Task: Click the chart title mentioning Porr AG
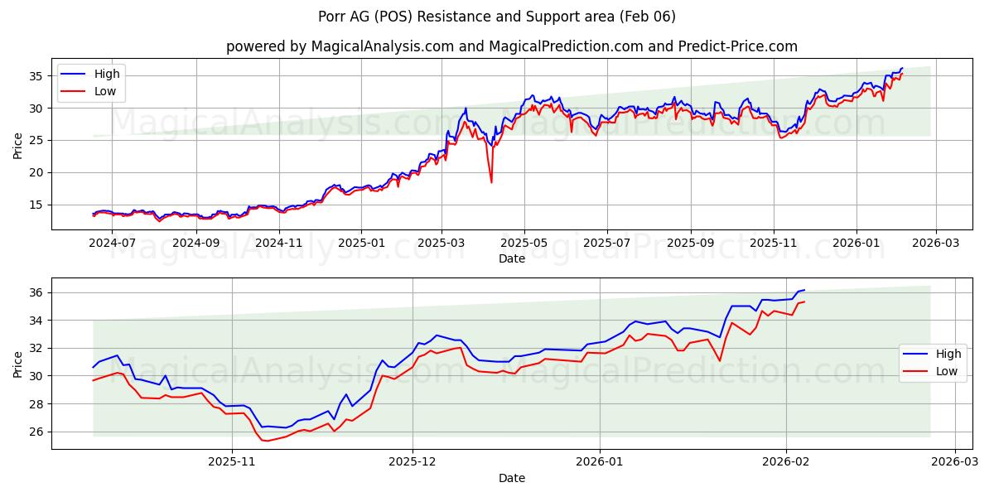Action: [x=496, y=17]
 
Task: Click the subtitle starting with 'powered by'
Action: [x=511, y=46]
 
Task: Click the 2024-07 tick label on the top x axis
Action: [x=112, y=243]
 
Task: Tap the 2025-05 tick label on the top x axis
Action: [x=524, y=243]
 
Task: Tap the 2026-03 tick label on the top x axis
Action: [x=936, y=243]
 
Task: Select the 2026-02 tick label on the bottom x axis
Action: [x=786, y=462]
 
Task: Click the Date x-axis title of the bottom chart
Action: [x=511, y=478]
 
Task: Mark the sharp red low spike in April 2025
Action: [x=491, y=181]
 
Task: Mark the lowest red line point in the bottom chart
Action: [x=267, y=441]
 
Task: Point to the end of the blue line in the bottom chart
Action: [x=804, y=290]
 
